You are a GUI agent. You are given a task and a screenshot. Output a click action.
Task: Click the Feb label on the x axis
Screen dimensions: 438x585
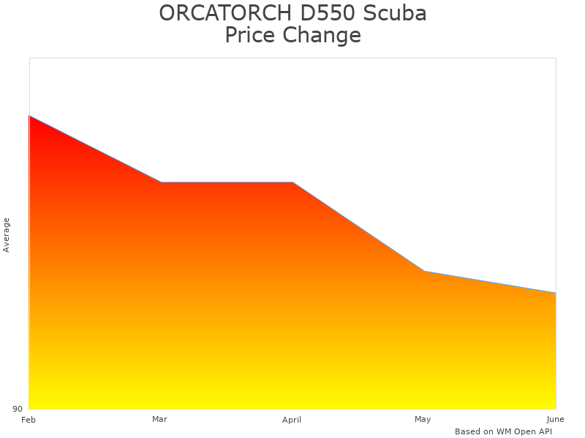point(29,420)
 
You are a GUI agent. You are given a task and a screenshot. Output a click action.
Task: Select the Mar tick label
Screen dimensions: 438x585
point(159,419)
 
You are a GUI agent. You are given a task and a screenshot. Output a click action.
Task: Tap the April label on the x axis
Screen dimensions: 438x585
point(292,420)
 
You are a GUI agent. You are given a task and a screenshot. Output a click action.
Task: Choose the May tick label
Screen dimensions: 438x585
point(423,419)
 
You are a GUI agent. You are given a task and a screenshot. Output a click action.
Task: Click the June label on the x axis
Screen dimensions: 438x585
point(555,419)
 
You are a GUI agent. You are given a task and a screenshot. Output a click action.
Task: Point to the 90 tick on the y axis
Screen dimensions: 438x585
point(18,409)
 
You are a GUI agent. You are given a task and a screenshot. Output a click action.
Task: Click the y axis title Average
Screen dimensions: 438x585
point(7,234)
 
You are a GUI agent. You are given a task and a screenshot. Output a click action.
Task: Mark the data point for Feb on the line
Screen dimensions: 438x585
point(29,115)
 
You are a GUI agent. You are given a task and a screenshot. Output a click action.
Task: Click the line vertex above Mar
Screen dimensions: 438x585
point(161,182)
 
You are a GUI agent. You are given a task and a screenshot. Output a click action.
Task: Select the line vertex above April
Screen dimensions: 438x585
point(292,182)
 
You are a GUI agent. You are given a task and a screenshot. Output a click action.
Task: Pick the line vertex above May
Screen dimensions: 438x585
point(424,271)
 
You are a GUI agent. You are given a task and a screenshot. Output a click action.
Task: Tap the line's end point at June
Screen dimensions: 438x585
point(556,293)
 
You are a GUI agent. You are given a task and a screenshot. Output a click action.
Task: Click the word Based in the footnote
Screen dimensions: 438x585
point(467,431)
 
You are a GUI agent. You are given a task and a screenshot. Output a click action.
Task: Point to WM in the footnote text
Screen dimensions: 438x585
point(504,431)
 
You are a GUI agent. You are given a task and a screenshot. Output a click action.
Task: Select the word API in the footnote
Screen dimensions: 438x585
point(545,431)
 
